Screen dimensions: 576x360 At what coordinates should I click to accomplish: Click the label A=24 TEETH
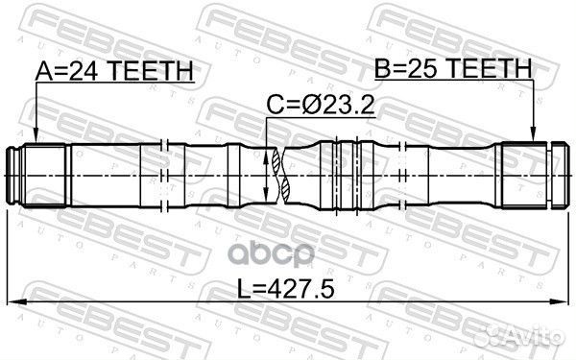[x=114, y=71]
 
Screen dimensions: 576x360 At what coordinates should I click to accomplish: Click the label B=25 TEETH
[x=453, y=68]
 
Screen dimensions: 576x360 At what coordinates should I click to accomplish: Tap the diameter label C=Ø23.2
[x=320, y=106]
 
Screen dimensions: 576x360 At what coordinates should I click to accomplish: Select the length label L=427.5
[x=285, y=289]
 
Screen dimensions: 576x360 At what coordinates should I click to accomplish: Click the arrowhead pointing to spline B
[x=533, y=133]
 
